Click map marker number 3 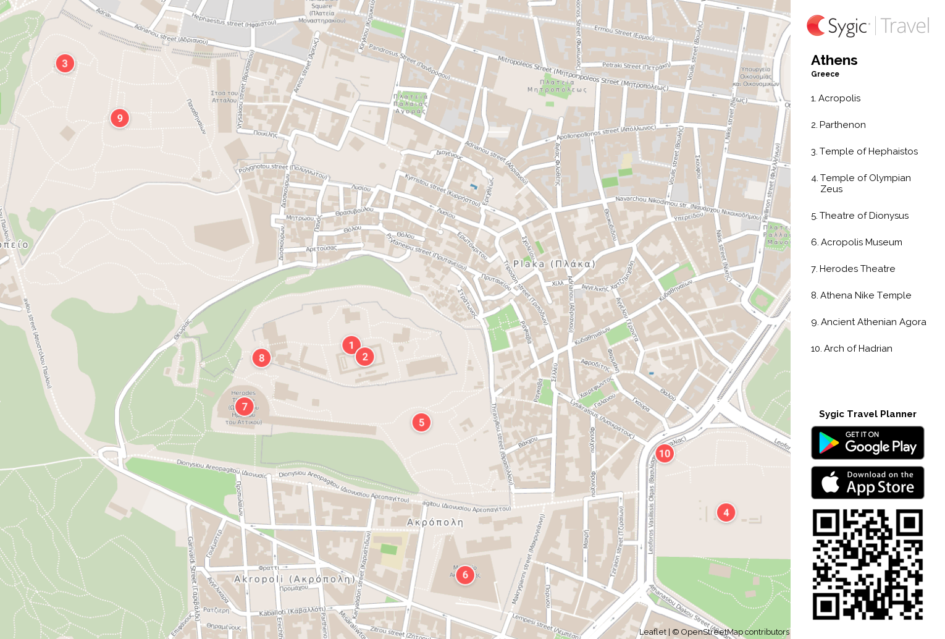(x=65, y=63)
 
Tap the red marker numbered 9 (x=120, y=117)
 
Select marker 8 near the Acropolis (x=261, y=357)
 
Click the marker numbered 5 (x=421, y=422)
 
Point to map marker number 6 (x=465, y=575)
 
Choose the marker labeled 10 (x=664, y=453)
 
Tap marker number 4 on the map (x=726, y=512)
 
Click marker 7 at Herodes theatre (x=245, y=406)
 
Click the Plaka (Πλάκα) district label (x=554, y=264)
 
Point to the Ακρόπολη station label (x=435, y=522)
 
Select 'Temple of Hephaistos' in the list (x=868, y=151)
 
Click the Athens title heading (x=834, y=60)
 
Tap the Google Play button (x=867, y=442)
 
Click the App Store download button (x=867, y=482)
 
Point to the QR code (x=867, y=564)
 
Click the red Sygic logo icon (x=816, y=25)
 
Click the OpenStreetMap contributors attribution (x=734, y=632)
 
